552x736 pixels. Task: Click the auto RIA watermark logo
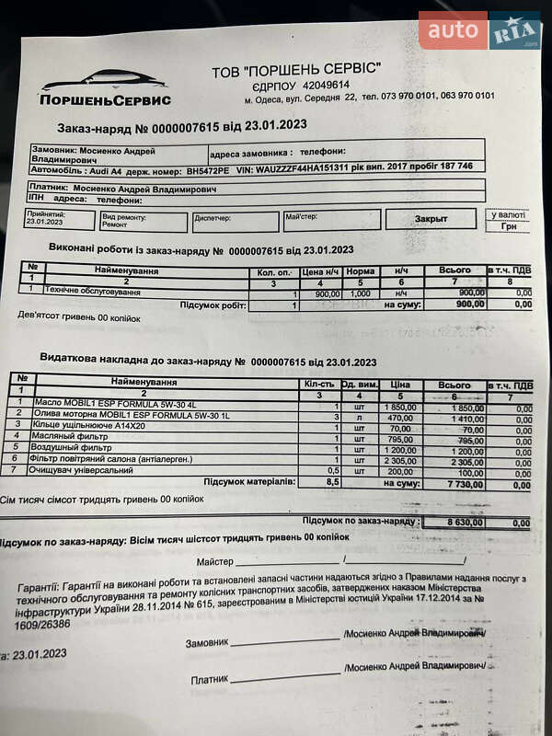[x=479, y=30]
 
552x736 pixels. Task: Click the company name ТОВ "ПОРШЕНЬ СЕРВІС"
[x=294, y=71]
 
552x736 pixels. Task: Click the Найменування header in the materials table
[x=144, y=381]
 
